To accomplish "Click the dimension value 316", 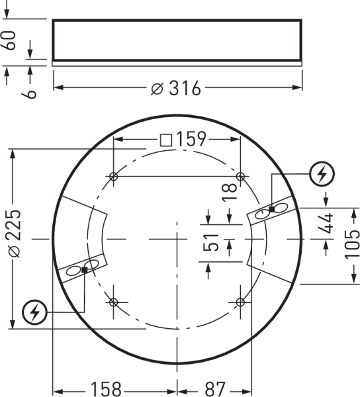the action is tap(185, 88).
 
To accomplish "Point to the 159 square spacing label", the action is tap(191, 139).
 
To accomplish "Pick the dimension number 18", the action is tap(230, 193).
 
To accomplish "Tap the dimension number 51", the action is tap(210, 243).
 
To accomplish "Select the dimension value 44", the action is tap(326, 224).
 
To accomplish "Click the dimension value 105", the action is tap(353, 243).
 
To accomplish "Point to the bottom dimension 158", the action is tap(106, 389).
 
